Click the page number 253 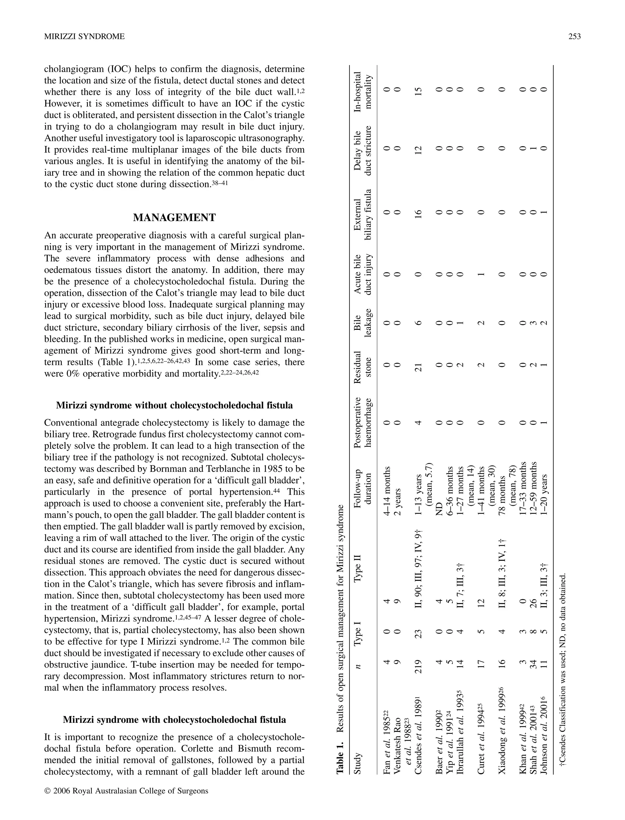(574, 36)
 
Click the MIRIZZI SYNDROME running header (85, 36)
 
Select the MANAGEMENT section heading (174, 218)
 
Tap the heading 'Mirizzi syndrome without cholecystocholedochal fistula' (174, 405)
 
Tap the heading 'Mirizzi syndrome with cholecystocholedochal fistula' (174, 720)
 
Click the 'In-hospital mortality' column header (363, 92)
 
